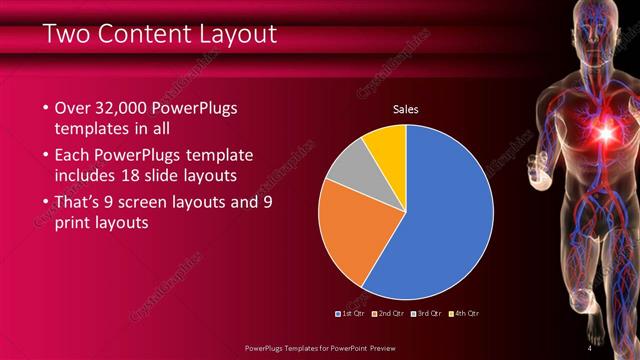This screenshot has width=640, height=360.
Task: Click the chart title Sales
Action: click(405, 109)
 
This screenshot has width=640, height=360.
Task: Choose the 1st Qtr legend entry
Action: click(349, 313)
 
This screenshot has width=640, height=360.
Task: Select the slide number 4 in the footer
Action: click(589, 348)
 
